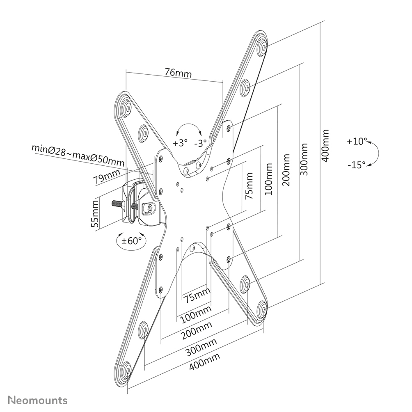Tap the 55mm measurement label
[x=95, y=214]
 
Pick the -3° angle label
[x=201, y=143]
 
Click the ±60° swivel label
[x=131, y=240]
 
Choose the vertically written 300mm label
[x=304, y=159]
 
